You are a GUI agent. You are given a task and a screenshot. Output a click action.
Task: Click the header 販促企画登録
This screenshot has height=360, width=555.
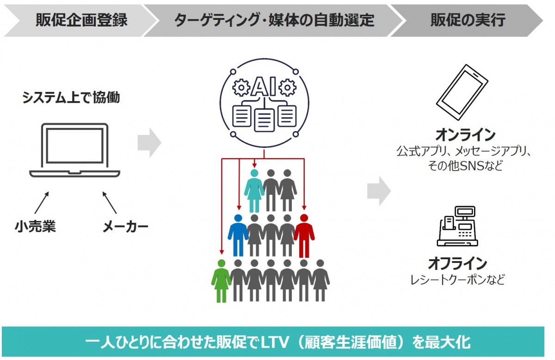click(x=81, y=20)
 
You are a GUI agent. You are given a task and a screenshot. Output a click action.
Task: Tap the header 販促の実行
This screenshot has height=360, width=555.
click(x=468, y=20)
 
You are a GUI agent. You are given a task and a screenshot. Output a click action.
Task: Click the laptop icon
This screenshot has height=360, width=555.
click(x=74, y=150)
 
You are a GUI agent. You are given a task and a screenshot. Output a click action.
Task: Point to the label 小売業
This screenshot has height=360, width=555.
click(x=35, y=226)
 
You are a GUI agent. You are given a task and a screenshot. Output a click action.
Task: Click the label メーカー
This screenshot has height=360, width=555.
click(x=125, y=226)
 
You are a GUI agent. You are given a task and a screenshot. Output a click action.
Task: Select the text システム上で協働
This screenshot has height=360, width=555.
click(x=71, y=98)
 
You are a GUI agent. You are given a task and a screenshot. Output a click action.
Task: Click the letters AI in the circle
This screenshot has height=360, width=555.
click(x=264, y=87)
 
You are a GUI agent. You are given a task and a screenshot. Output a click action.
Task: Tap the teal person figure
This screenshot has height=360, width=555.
click(x=254, y=190)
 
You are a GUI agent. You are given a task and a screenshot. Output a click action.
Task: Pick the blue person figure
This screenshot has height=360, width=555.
click(x=238, y=235)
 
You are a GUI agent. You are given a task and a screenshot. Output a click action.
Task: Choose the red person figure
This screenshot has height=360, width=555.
click(x=304, y=235)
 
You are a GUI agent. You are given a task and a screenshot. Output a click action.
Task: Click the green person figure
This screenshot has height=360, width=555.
click(x=221, y=280)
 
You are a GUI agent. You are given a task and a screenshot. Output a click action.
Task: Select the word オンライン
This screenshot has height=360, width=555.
click(x=465, y=135)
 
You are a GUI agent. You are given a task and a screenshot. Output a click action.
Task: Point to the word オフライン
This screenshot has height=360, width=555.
click(x=457, y=264)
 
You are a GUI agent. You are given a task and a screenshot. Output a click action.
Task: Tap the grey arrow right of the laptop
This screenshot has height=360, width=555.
click(x=149, y=143)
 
